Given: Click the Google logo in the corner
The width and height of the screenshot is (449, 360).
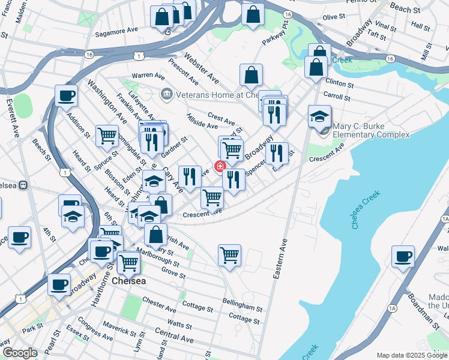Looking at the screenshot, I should [20, 353].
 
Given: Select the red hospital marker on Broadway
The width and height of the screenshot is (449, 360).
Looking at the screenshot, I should [220, 166].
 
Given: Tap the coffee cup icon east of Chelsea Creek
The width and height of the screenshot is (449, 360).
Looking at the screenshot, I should [402, 256].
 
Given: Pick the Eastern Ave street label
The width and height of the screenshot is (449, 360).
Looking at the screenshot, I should [281, 259].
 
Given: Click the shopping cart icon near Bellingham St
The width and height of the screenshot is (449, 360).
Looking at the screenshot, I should [229, 256].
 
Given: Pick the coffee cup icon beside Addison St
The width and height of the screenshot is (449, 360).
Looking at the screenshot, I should [66, 95].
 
